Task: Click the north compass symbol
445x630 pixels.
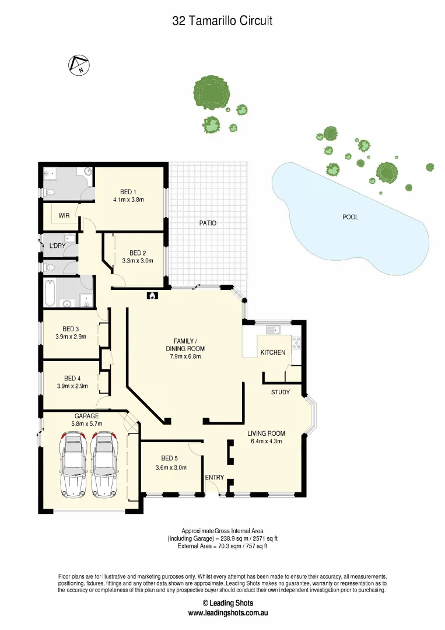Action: coord(78,65)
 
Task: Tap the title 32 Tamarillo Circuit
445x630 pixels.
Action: coord(222,21)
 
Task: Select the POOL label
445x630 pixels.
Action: coord(350,217)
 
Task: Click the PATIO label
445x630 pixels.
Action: coord(208,223)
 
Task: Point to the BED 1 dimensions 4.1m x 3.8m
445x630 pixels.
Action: coord(128,199)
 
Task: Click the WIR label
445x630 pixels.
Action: coord(64,216)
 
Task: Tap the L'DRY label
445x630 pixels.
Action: coord(57,246)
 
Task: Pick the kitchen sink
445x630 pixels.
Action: coord(273,330)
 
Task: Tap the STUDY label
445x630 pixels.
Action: coord(280,392)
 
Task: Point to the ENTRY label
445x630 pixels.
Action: coord(214,478)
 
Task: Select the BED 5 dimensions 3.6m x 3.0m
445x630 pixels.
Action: coord(171,467)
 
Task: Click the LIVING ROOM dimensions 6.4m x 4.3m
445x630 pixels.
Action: coord(266,442)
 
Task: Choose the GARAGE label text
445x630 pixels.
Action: coord(86,416)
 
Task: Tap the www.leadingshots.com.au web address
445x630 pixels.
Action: coord(227,613)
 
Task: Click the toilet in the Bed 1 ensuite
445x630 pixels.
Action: coord(51,192)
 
